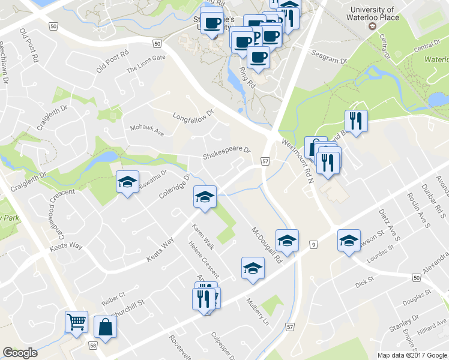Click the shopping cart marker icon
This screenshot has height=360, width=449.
point(77,322)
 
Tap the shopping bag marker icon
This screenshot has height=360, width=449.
point(106,327)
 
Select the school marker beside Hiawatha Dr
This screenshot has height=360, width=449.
point(128,182)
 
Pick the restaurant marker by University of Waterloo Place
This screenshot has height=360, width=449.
point(356,122)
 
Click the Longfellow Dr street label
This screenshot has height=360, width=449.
point(193,115)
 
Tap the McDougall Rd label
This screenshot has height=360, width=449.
point(267,245)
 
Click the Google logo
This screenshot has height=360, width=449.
point(20,353)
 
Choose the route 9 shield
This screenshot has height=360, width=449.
point(313,244)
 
